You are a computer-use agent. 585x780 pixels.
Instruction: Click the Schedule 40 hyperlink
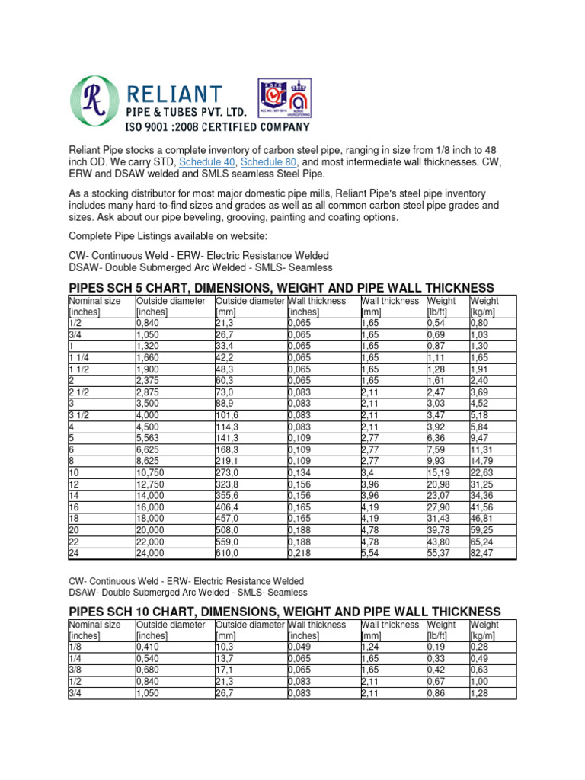[207, 162]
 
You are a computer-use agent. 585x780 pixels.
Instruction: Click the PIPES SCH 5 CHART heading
[281, 287]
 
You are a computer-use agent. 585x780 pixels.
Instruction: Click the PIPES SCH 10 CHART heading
[284, 612]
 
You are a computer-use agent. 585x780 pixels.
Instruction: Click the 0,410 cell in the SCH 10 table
[149, 647]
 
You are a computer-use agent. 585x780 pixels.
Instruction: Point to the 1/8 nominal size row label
[76, 647]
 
